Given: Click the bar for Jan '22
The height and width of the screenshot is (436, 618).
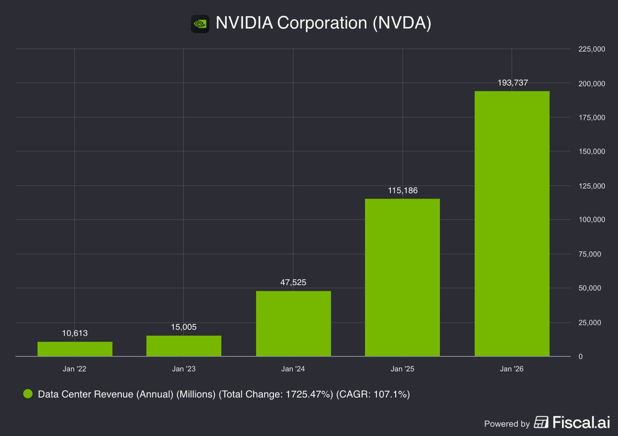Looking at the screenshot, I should click(75, 349).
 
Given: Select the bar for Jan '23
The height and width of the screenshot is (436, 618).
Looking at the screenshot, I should click(184, 346).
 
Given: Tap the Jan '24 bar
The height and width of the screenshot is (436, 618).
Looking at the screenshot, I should click(293, 323).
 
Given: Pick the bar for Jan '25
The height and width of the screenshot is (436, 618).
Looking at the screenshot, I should click(402, 277).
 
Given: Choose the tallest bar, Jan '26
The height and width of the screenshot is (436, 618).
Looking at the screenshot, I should click(512, 223).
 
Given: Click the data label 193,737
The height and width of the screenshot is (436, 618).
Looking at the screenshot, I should click(513, 83).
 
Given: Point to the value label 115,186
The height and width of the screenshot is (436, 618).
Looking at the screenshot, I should click(403, 191).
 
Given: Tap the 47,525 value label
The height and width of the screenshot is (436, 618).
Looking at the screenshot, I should click(293, 282).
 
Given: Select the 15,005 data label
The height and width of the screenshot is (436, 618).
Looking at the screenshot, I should click(184, 327).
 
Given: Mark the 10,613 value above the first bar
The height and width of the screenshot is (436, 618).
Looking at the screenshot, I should click(75, 333).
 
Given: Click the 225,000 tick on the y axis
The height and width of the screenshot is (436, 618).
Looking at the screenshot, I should click(592, 49).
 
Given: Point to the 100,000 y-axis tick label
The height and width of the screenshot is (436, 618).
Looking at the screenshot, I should click(592, 220).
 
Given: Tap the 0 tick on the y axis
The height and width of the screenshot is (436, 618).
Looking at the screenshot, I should click(580, 357).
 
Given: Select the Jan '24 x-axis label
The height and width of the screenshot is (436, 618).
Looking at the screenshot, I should click(293, 369).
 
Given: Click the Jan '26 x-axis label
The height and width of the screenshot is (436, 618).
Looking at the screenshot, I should click(511, 369).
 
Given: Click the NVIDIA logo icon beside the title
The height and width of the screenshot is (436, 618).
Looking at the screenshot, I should click(200, 24).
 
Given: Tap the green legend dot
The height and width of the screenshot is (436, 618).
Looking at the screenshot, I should click(28, 394).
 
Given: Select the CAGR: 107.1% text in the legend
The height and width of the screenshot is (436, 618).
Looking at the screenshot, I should click(373, 394).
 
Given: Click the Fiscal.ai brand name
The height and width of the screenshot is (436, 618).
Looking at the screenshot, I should click(580, 423).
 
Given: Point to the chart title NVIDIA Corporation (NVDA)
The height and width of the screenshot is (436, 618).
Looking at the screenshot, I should click(323, 23).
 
